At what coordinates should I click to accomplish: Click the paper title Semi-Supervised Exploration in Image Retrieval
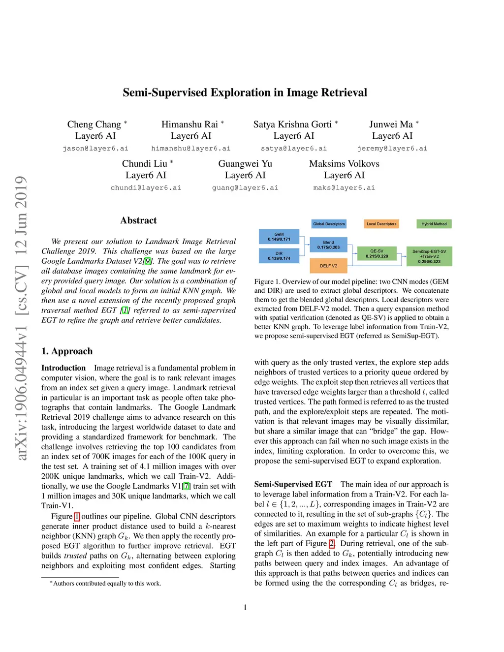tap(245, 93)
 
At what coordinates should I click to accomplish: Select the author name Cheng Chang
tap(94, 124)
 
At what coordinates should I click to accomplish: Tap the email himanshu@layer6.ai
tap(190, 148)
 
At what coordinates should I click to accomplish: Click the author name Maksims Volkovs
tap(344, 164)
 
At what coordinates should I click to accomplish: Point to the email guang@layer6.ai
tap(245, 187)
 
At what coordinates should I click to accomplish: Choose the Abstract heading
tap(138, 220)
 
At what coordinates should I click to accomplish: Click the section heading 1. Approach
tap(67, 351)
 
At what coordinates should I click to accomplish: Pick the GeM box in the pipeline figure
tap(279, 237)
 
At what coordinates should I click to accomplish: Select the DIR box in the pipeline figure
tap(279, 256)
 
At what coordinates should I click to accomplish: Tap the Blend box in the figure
tap(328, 245)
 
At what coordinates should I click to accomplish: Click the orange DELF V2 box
tap(328, 266)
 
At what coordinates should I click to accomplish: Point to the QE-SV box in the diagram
tap(377, 253)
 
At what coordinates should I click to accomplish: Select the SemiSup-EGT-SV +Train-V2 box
tap(429, 256)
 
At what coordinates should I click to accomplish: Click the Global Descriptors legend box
tap(329, 224)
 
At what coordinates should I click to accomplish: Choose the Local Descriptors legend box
tap(381, 224)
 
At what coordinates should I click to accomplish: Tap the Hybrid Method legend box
tap(434, 224)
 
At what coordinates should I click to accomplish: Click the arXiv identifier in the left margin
tap(21, 317)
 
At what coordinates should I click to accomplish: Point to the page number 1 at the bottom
tap(245, 607)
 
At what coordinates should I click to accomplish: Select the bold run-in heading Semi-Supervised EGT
tap(293, 484)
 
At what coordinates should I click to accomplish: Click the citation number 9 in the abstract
tap(148, 261)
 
